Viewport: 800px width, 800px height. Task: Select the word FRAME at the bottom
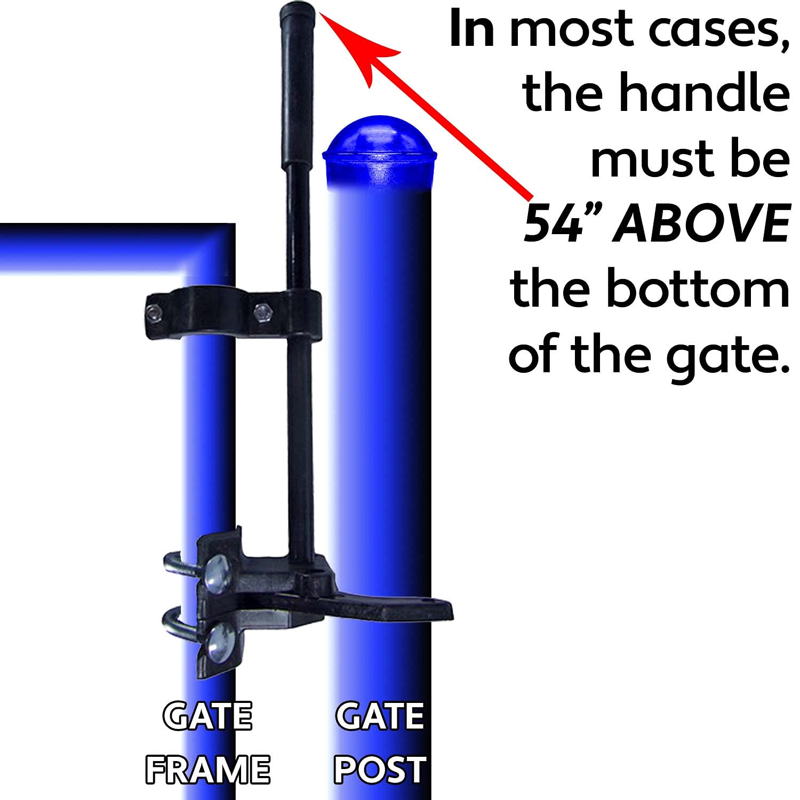click(x=207, y=770)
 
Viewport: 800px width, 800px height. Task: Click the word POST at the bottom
click(x=380, y=770)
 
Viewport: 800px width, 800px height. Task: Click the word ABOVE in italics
click(x=701, y=224)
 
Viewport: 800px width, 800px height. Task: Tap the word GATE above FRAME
click(x=207, y=716)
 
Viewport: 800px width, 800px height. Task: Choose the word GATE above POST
click(x=380, y=716)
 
